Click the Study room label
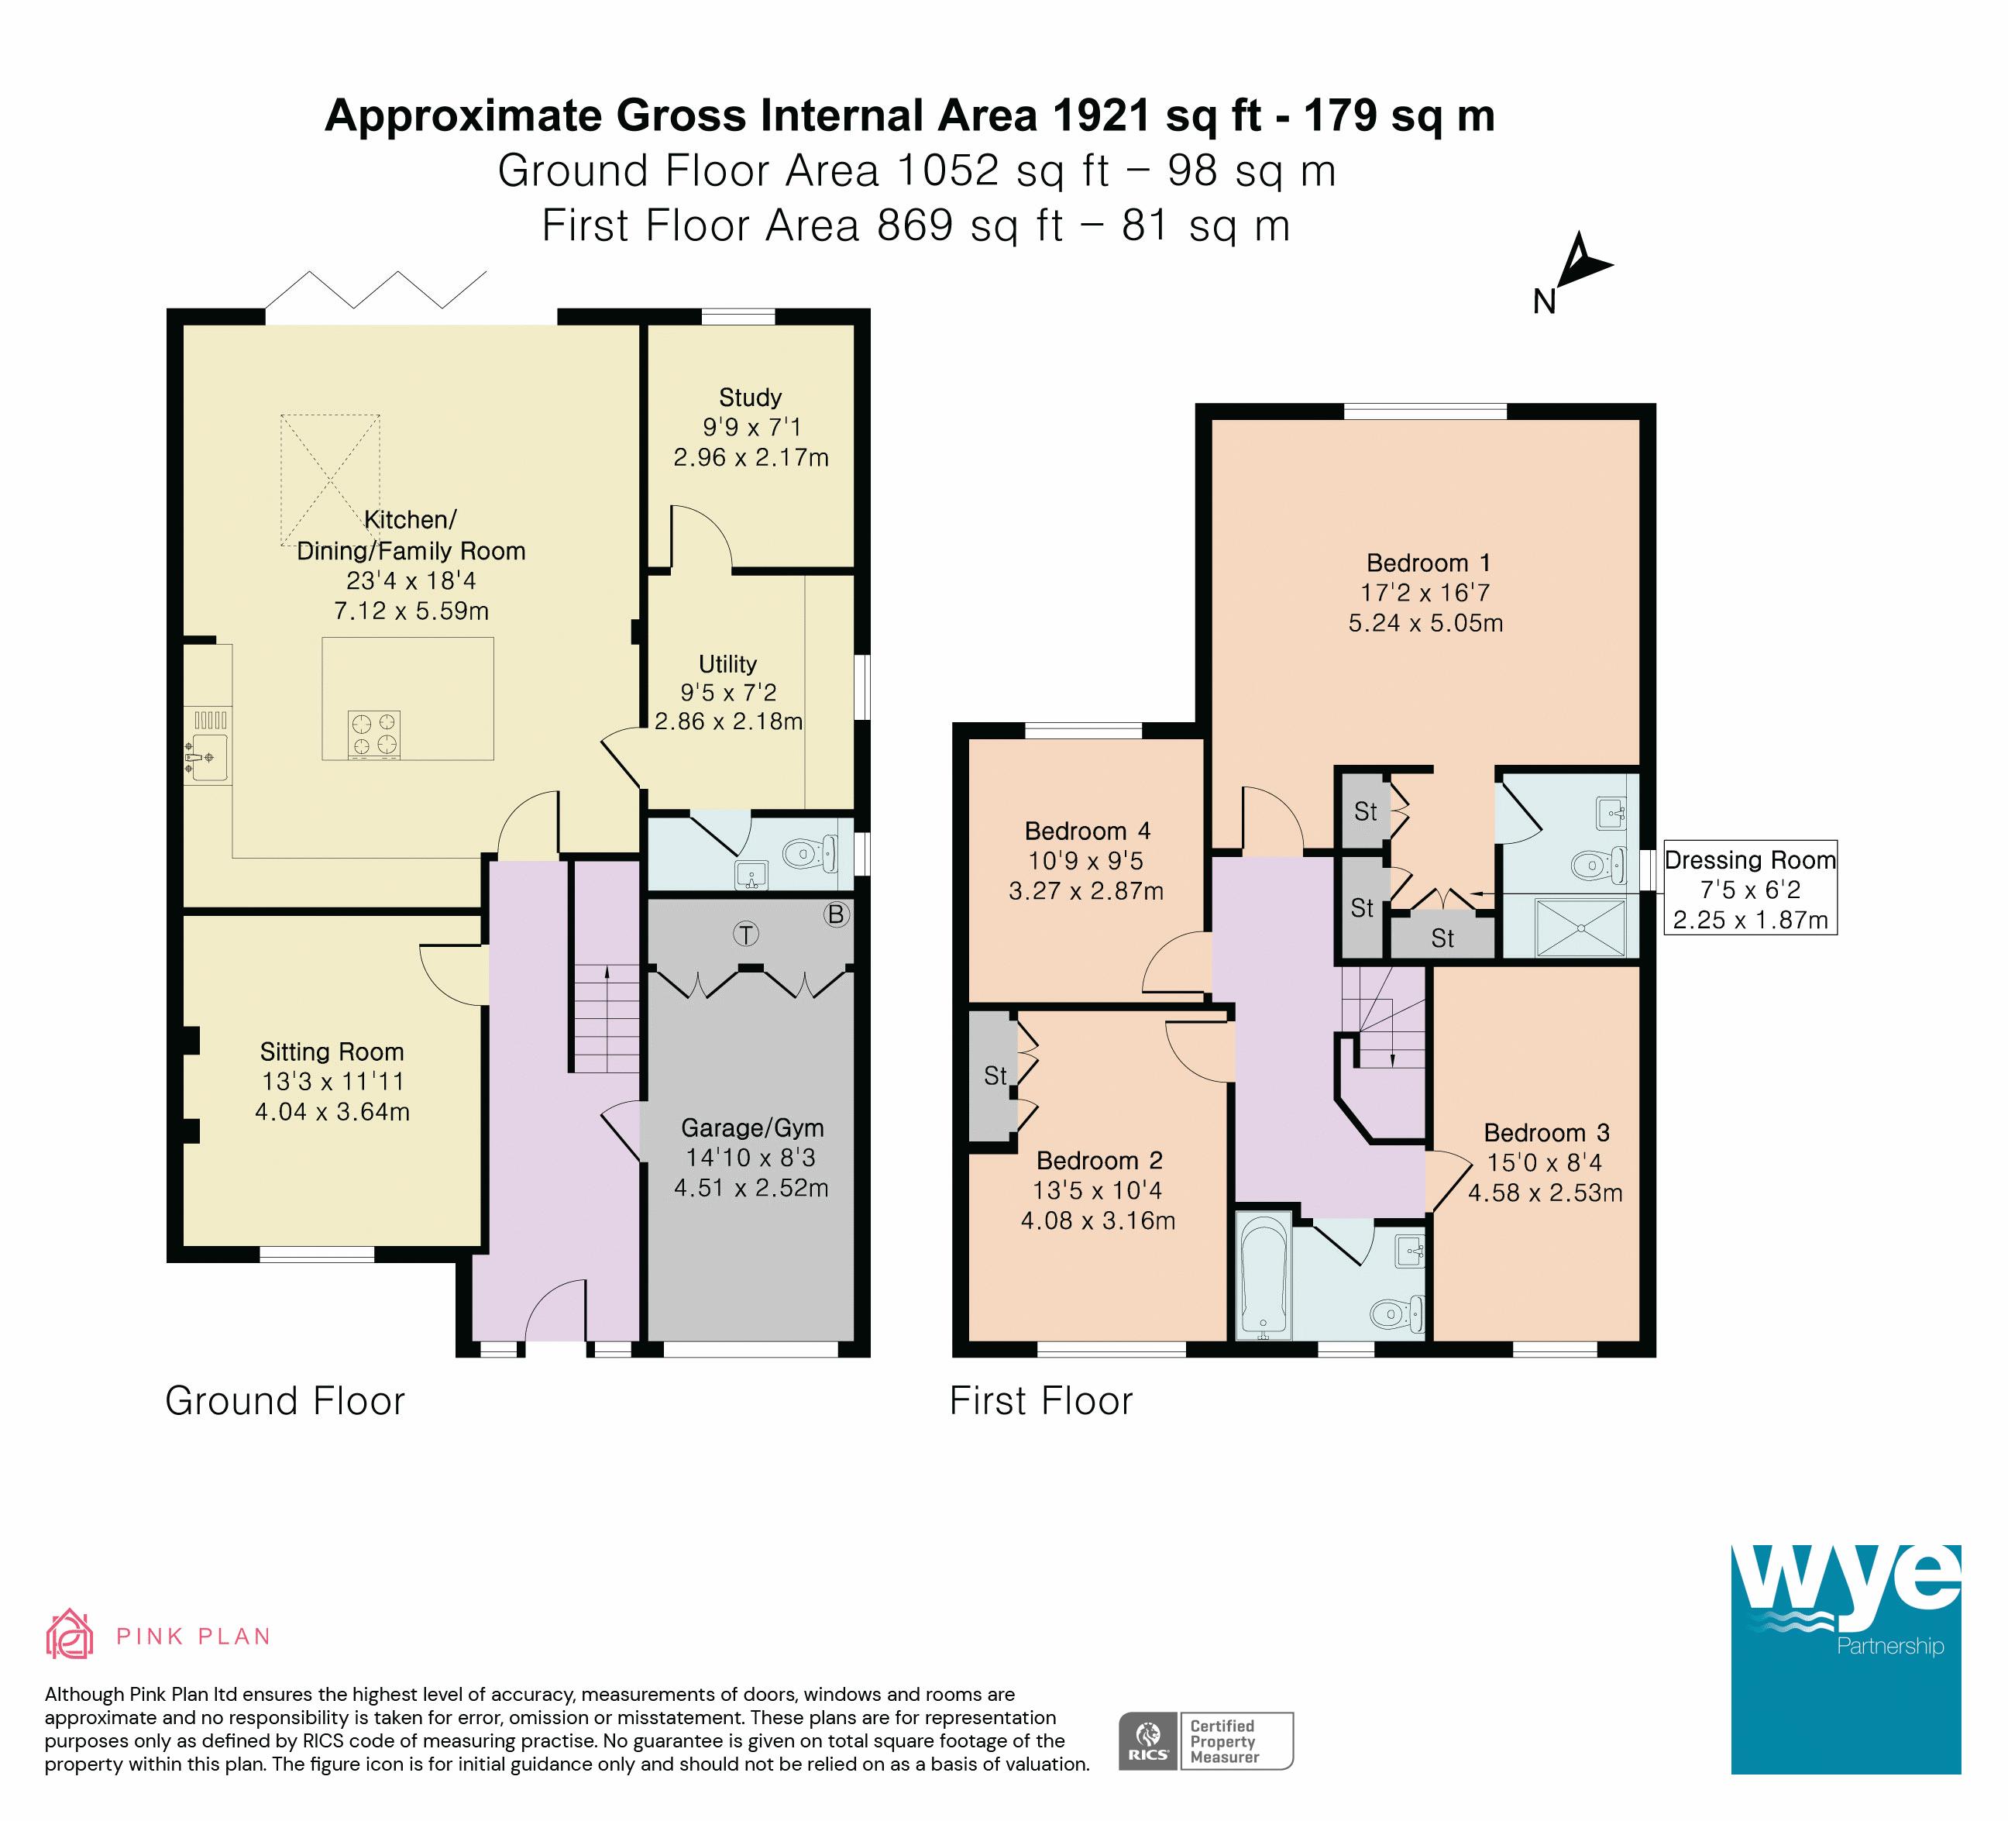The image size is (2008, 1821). [x=750, y=398]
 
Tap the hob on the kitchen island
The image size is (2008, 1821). [x=374, y=735]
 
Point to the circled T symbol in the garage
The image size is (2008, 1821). [x=746, y=934]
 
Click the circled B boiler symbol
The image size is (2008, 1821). [x=837, y=914]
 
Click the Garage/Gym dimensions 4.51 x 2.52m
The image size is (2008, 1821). [x=751, y=1187]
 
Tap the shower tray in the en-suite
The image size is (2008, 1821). [x=1580, y=928]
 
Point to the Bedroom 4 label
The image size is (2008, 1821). [x=1088, y=831]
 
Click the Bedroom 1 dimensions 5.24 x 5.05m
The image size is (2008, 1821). [x=1425, y=622]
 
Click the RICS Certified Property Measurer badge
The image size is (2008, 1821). [x=1206, y=1740]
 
